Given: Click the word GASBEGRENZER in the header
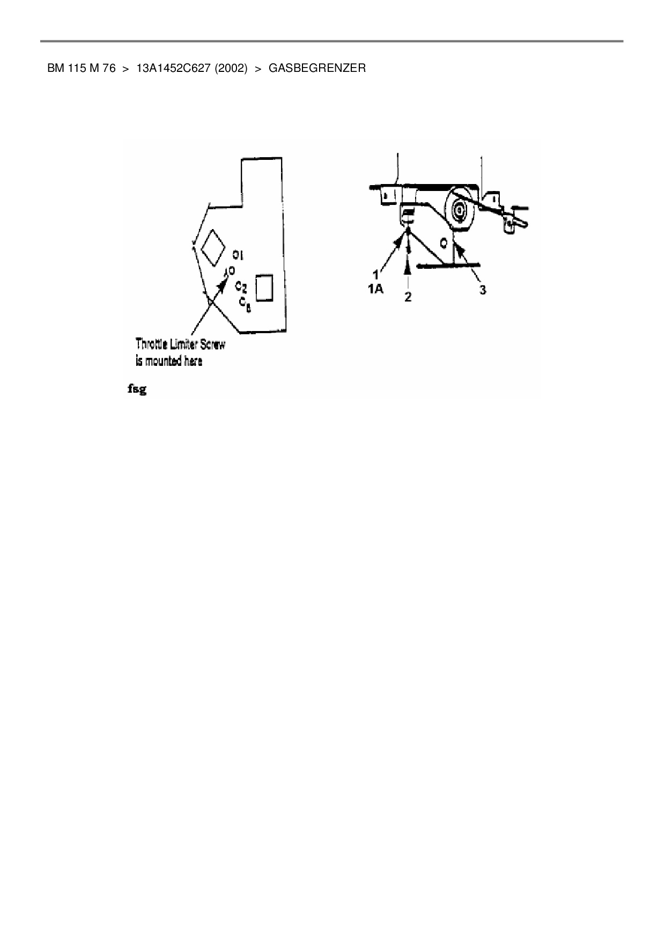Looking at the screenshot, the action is coord(317,69).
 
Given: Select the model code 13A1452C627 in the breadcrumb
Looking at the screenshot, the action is coord(173,69).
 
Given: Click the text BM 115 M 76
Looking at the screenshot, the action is coord(82,69).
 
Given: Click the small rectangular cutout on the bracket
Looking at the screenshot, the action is coord(264,288).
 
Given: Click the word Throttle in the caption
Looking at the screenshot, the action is coord(152,344).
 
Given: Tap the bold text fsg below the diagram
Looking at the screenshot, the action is coord(137,389).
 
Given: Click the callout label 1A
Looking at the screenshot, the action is coord(375,289).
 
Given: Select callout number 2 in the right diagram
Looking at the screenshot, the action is coord(408,297).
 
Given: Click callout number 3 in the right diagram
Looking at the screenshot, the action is coord(483,290).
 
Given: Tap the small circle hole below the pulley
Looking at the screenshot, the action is coord(444,243).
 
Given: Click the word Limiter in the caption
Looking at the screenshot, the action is coord(184,344).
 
